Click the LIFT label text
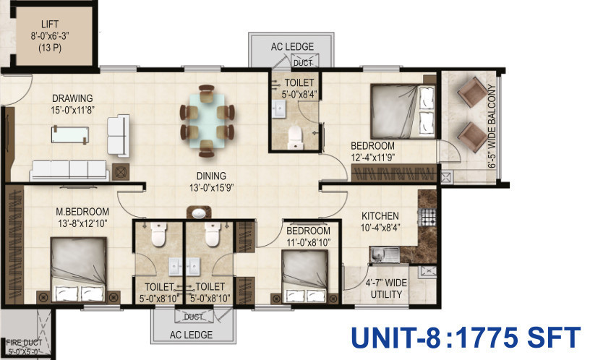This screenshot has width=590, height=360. point(50,25)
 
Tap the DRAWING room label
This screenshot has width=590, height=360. point(72,98)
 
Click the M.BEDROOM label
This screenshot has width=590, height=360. point(82,212)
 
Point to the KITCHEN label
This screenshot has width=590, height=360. point(380,216)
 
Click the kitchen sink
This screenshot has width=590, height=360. point(385,254)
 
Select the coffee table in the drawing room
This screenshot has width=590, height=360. point(70,134)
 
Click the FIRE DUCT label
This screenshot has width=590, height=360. point(24,343)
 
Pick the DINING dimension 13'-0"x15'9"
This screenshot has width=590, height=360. point(211,187)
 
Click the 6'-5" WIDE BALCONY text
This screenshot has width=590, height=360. point(492,127)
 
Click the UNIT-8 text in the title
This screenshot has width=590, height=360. point(396,338)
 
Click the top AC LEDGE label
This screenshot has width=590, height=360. point(292,47)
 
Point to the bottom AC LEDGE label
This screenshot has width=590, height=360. point(191,335)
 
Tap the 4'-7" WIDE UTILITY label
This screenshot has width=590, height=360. point(386,288)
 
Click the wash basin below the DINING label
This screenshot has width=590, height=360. point(199,213)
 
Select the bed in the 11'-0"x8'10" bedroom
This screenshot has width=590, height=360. point(305,276)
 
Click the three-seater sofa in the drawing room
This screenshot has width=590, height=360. point(69,170)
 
